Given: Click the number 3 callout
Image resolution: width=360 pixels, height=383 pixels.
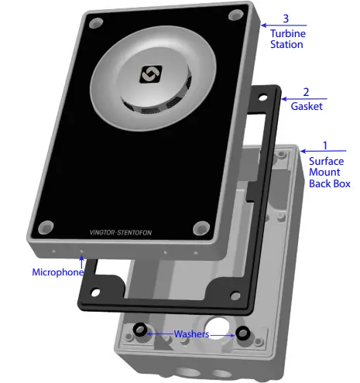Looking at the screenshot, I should point(286,18).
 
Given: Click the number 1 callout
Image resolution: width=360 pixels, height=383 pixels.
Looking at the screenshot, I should point(324,145).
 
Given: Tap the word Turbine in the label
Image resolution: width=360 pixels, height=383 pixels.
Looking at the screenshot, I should point(286,33).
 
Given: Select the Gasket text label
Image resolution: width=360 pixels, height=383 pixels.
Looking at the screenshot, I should point(307,106).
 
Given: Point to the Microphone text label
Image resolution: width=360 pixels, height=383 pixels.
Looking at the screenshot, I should point(57,272).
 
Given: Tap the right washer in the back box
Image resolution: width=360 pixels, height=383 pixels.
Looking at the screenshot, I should point(242,333).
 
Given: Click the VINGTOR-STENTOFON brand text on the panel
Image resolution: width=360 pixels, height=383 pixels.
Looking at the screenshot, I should point(123,231).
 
